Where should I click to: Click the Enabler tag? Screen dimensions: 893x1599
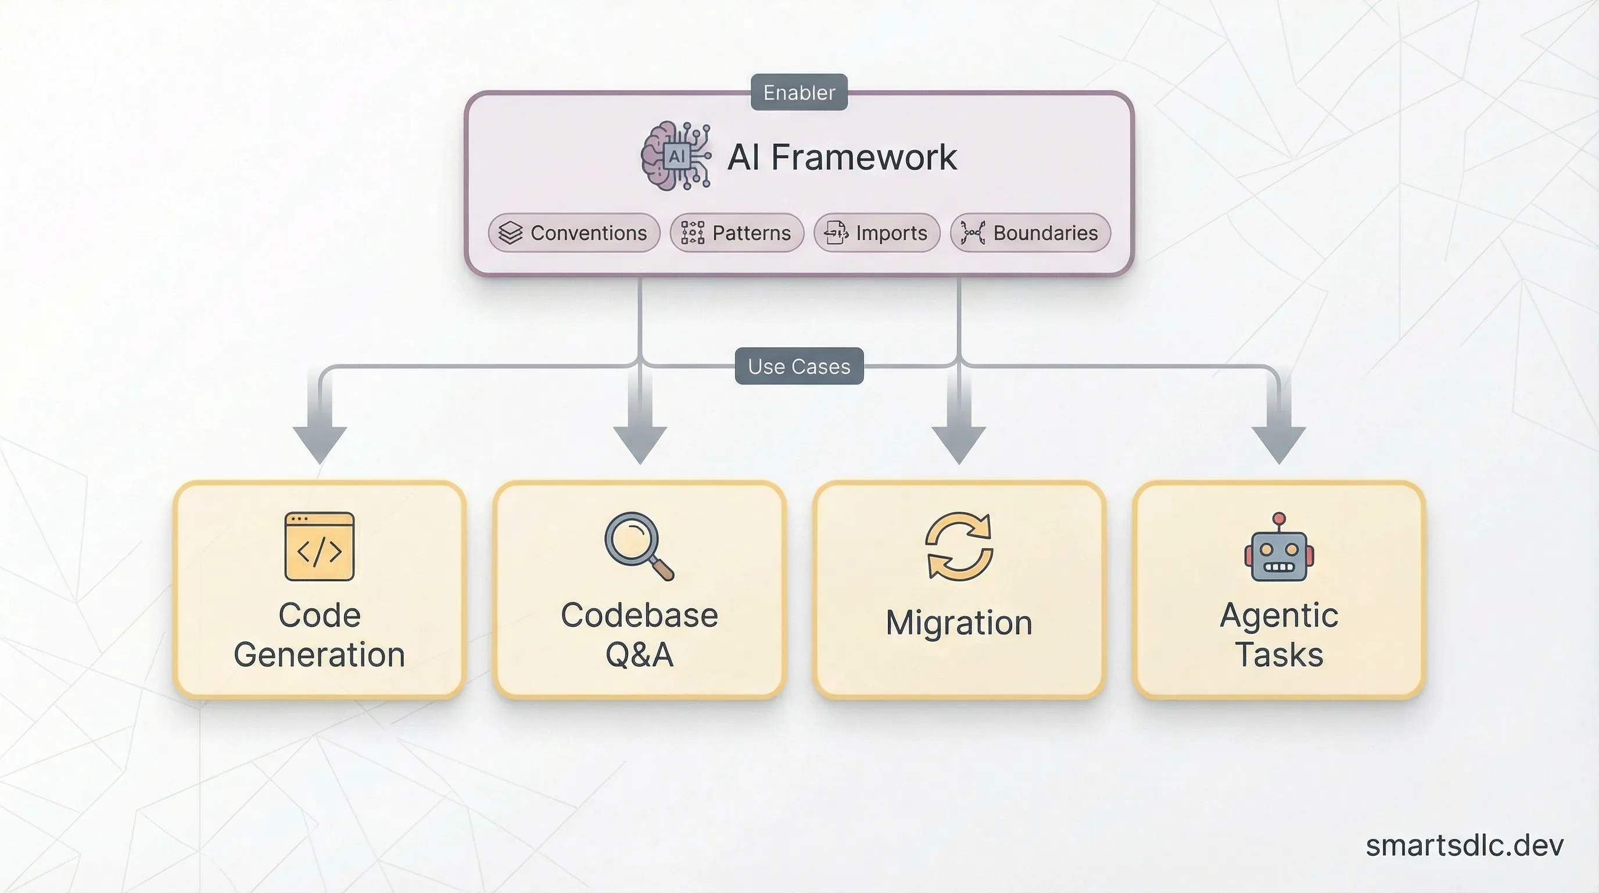799,92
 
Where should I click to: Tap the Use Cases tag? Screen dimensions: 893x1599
799,366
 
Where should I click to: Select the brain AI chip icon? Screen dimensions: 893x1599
675,156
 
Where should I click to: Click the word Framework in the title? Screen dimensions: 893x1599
863,157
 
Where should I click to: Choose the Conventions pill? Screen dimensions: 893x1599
573,233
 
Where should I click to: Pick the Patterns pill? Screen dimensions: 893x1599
737,233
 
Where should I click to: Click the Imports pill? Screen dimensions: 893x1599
876,233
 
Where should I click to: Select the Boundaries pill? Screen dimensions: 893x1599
1030,233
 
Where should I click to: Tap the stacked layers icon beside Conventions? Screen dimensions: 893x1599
510,233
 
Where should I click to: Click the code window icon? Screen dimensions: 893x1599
319,546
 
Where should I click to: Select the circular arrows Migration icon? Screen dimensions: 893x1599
959,546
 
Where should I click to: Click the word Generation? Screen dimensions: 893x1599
319,655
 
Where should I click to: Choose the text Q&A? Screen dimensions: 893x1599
639,655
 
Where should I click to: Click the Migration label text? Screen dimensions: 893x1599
959,623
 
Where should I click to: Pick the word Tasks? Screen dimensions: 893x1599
1279,655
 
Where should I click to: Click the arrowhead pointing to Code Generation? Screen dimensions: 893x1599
319,444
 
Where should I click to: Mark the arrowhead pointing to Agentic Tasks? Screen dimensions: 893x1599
1279,444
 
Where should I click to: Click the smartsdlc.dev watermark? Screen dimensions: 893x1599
1464,846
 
